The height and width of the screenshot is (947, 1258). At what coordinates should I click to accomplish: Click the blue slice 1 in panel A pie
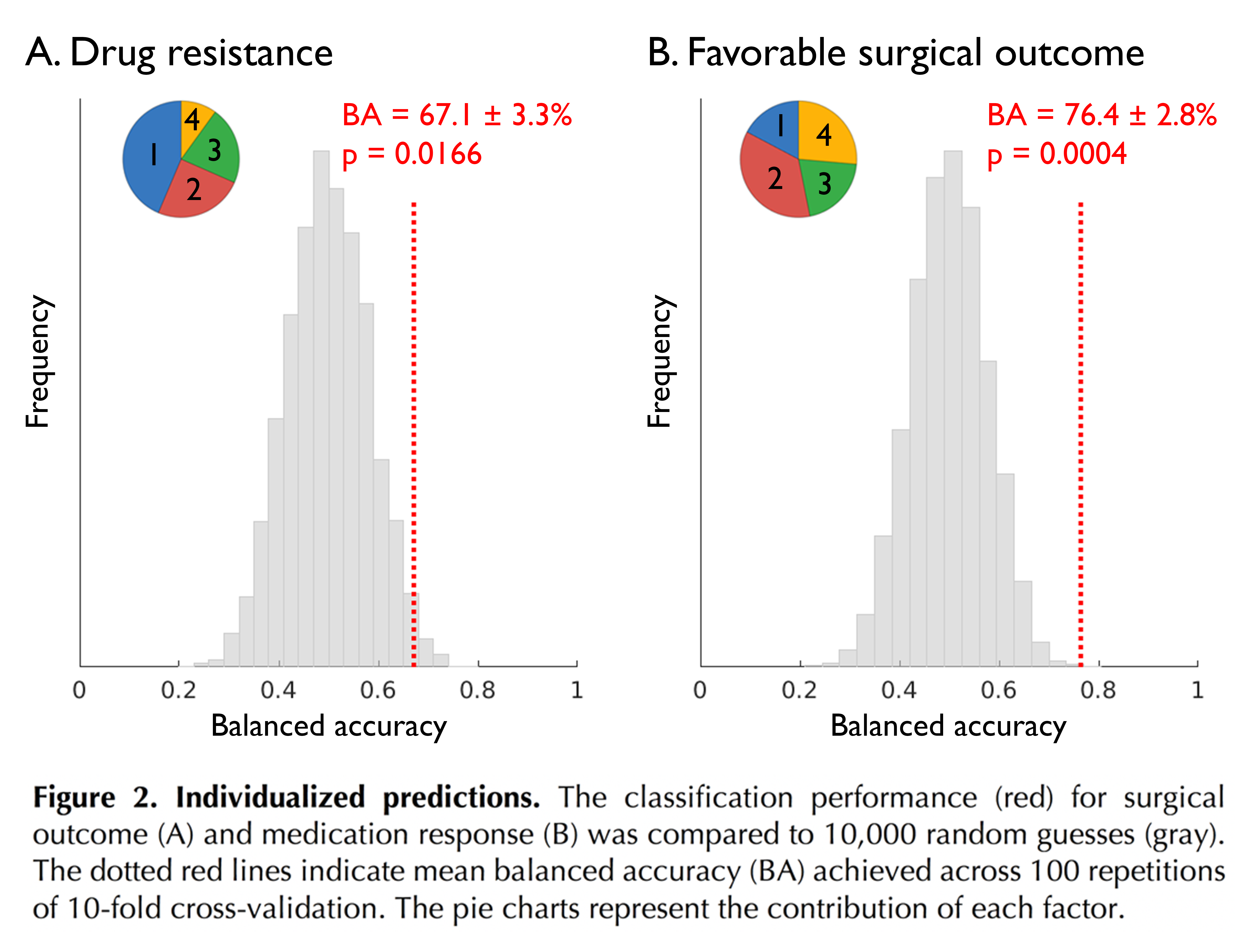149,156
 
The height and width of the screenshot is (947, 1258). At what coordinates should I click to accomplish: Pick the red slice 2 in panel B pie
773,179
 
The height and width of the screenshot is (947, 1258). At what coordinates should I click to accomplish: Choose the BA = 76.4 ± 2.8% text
1102,115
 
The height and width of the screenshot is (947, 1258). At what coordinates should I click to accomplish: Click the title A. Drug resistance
179,53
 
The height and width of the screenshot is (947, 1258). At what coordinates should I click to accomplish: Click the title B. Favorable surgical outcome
896,53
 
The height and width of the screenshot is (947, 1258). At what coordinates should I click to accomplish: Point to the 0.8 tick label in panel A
477,691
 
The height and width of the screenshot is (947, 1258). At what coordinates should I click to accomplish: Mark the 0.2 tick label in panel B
799,691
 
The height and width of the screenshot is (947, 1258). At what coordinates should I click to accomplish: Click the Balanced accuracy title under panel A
329,726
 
